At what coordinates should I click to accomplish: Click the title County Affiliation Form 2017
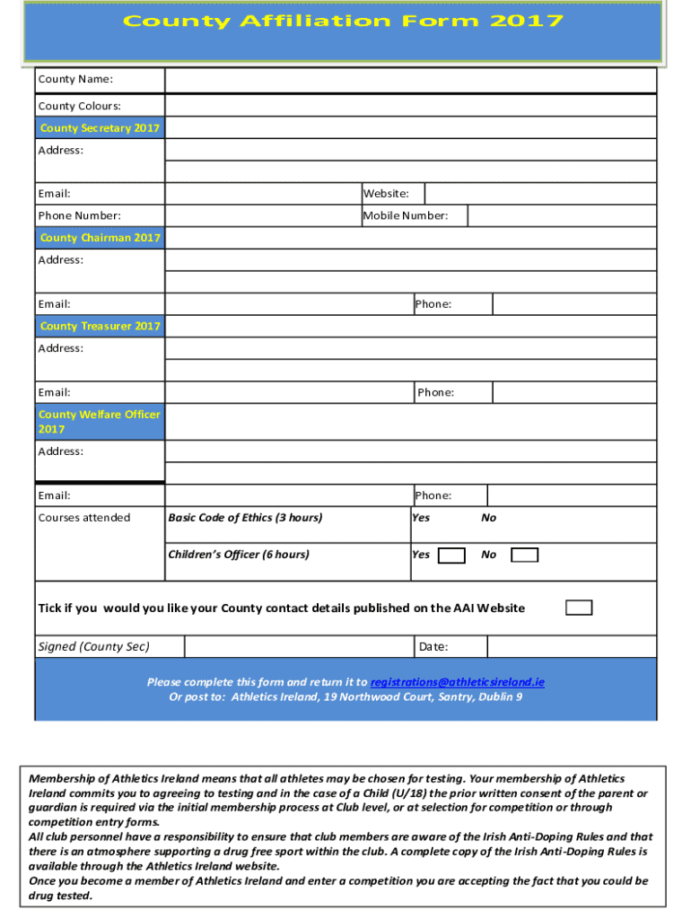[x=343, y=22]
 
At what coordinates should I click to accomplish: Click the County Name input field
[x=410, y=81]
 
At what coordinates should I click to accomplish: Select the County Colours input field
[x=410, y=105]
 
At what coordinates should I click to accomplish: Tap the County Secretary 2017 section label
[x=100, y=128]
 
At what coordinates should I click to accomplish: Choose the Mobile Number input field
[x=562, y=215]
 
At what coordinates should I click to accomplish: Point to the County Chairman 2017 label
[x=100, y=238]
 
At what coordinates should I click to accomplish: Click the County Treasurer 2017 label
[x=100, y=326]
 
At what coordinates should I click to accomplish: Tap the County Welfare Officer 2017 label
[x=100, y=422]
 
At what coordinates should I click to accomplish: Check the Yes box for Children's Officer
[x=451, y=556]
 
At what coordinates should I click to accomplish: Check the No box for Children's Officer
[x=524, y=556]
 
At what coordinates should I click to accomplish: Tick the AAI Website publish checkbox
[x=579, y=608]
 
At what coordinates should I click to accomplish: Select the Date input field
[x=572, y=646]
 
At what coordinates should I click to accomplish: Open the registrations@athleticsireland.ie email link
[x=457, y=682]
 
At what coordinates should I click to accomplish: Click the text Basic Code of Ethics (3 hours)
[x=245, y=518]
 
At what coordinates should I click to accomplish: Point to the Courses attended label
[x=83, y=518]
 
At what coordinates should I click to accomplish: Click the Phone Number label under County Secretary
[x=79, y=215]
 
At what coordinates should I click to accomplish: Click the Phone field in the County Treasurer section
[x=574, y=392]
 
